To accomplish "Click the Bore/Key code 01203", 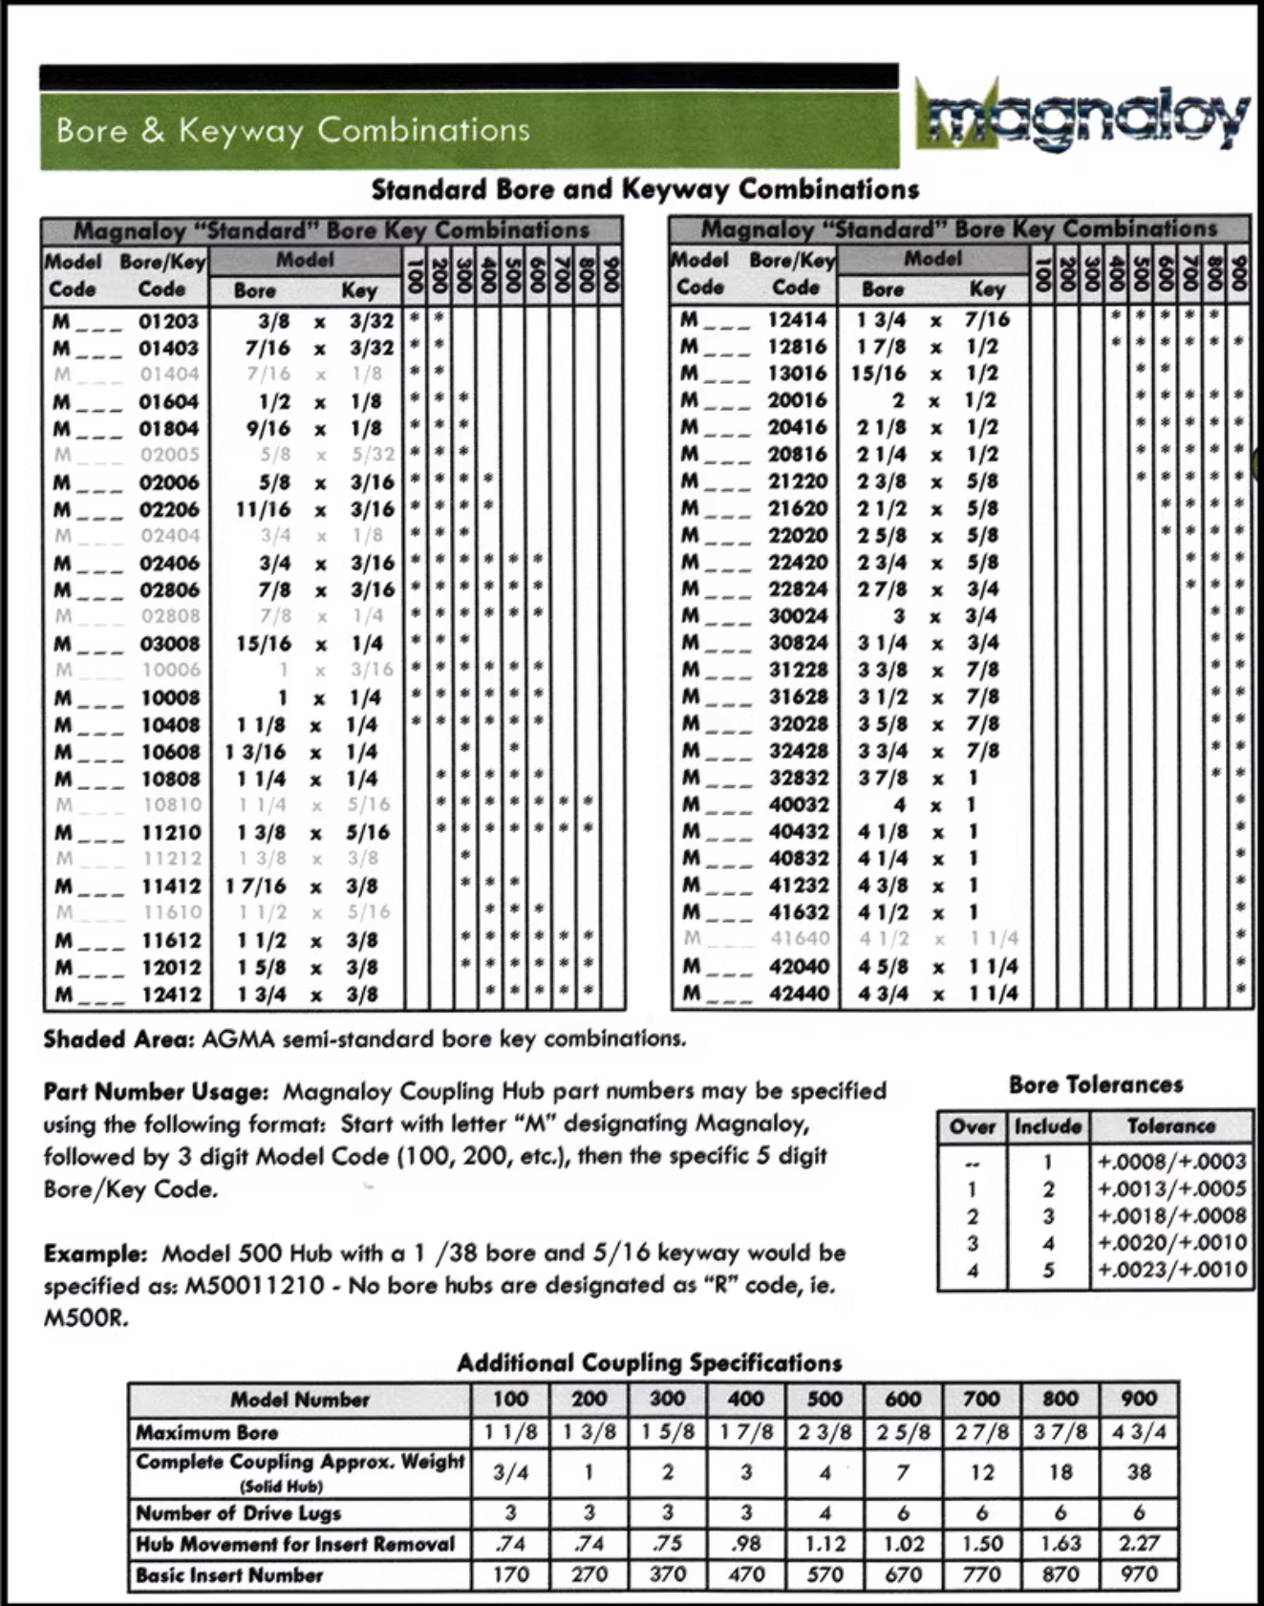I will pyautogui.click(x=168, y=321).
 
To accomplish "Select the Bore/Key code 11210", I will pyautogui.click(x=171, y=833).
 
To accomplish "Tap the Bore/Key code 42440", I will pyautogui.click(x=799, y=994).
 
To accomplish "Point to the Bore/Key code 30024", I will pyautogui.click(x=799, y=616).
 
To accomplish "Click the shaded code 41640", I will pyautogui.click(x=799, y=939).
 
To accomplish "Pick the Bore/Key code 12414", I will pyautogui.click(x=799, y=319).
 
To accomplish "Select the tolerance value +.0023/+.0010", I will pyautogui.click(x=1172, y=1270).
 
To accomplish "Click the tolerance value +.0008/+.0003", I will pyautogui.click(x=1172, y=1162).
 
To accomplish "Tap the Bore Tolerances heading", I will pyautogui.click(x=1096, y=1085).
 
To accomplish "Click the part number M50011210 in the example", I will pyautogui.click(x=257, y=1286).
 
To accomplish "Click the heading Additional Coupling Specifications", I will pyautogui.click(x=650, y=1362).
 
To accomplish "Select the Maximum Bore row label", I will pyautogui.click(x=207, y=1432).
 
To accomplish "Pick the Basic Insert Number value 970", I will pyautogui.click(x=1139, y=1574).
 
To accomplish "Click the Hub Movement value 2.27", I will pyautogui.click(x=1139, y=1544).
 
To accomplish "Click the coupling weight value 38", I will pyautogui.click(x=1139, y=1472).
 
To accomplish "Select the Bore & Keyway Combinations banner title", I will pyautogui.click(x=292, y=130).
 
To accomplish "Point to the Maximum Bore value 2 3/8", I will pyautogui.click(x=825, y=1432).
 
